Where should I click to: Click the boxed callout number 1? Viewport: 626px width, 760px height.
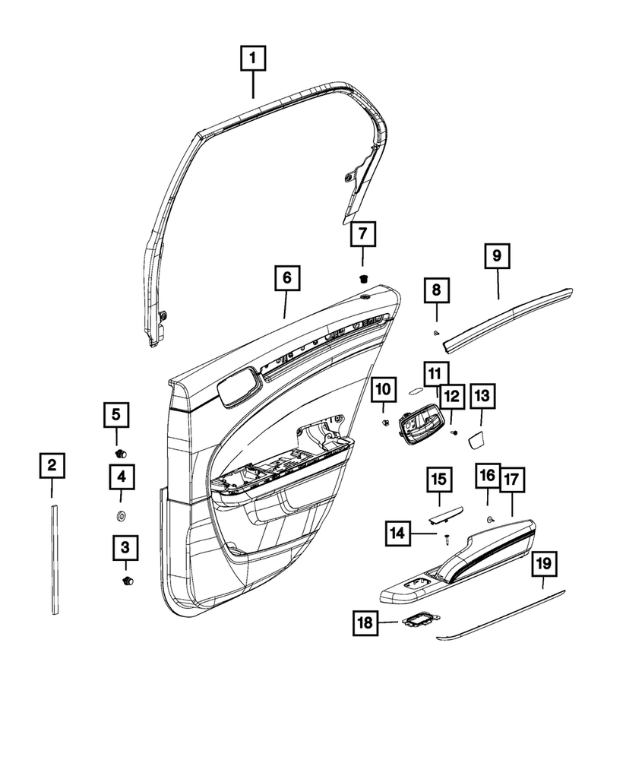(x=254, y=58)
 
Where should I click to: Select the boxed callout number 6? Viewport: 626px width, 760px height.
(x=286, y=278)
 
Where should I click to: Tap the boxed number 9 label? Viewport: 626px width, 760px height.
(x=498, y=257)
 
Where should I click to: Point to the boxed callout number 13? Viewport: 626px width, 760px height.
(x=482, y=395)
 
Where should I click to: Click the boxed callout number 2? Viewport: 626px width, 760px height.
(x=52, y=464)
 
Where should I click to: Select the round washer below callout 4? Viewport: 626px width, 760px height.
(x=121, y=518)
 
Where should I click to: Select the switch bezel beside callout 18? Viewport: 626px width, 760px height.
(x=418, y=621)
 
